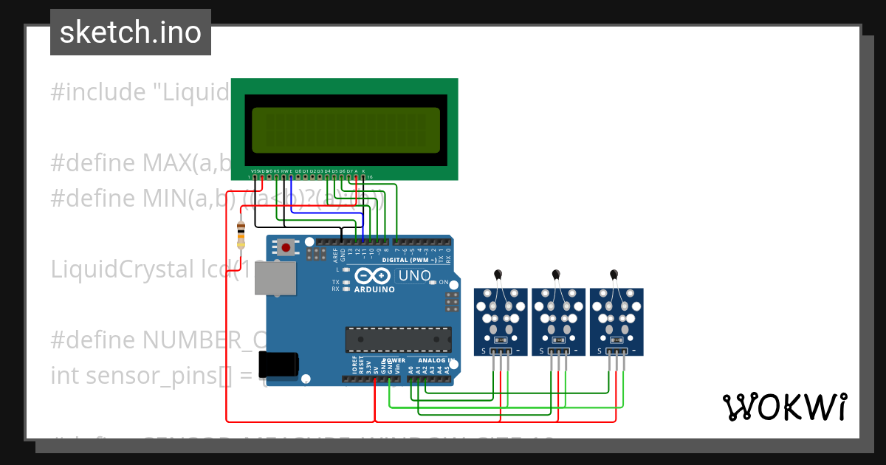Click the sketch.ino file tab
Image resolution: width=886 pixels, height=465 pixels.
click(x=130, y=32)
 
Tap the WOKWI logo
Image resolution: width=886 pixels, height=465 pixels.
click(x=784, y=407)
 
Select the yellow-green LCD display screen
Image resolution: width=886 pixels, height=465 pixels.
click(x=346, y=127)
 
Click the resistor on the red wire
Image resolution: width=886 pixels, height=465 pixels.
click(x=241, y=235)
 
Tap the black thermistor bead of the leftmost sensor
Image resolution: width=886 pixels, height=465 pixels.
click(x=499, y=275)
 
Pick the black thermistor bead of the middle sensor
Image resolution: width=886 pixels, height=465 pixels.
click(x=557, y=275)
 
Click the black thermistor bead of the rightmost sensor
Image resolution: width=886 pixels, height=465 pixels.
click(x=614, y=275)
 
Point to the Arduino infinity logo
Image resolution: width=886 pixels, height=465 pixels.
click(x=373, y=276)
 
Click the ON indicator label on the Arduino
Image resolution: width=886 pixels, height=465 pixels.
click(x=444, y=283)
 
